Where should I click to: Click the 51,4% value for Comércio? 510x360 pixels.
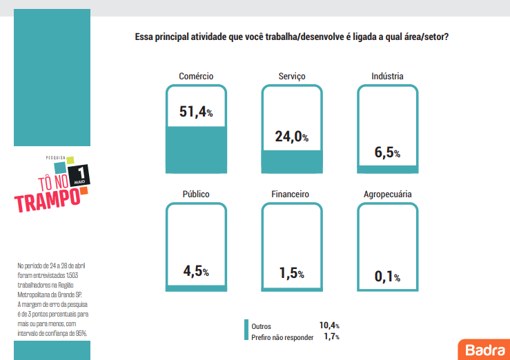(196, 112)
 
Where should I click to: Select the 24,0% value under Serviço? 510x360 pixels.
(291, 137)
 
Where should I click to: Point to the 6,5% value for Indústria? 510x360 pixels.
(387, 153)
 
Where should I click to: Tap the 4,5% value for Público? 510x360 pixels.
(196, 271)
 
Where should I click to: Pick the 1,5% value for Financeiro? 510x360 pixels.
(291, 273)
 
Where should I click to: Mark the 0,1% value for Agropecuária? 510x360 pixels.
(387, 277)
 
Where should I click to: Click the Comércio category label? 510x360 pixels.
(196, 76)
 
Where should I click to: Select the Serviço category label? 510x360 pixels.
(291, 76)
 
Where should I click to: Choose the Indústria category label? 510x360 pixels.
(387, 76)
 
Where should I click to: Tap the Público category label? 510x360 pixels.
(196, 194)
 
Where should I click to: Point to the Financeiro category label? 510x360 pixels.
(291, 194)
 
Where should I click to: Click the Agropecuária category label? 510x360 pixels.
(387, 194)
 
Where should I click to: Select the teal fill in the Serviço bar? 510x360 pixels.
(291, 161)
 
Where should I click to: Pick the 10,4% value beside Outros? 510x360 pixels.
(328, 326)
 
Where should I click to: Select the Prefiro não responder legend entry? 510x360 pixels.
(282, 337)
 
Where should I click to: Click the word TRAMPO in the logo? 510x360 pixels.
(46, 200)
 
